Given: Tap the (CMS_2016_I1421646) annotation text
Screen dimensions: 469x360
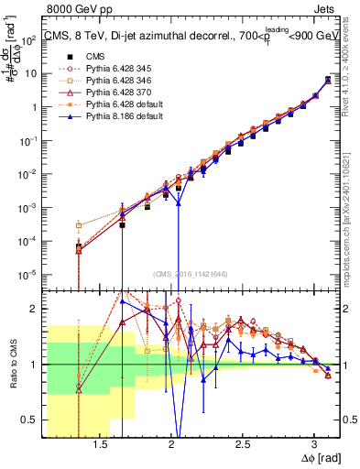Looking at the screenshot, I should click(190, 274).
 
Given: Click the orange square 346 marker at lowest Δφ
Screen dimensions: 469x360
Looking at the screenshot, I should click(79, 225).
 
